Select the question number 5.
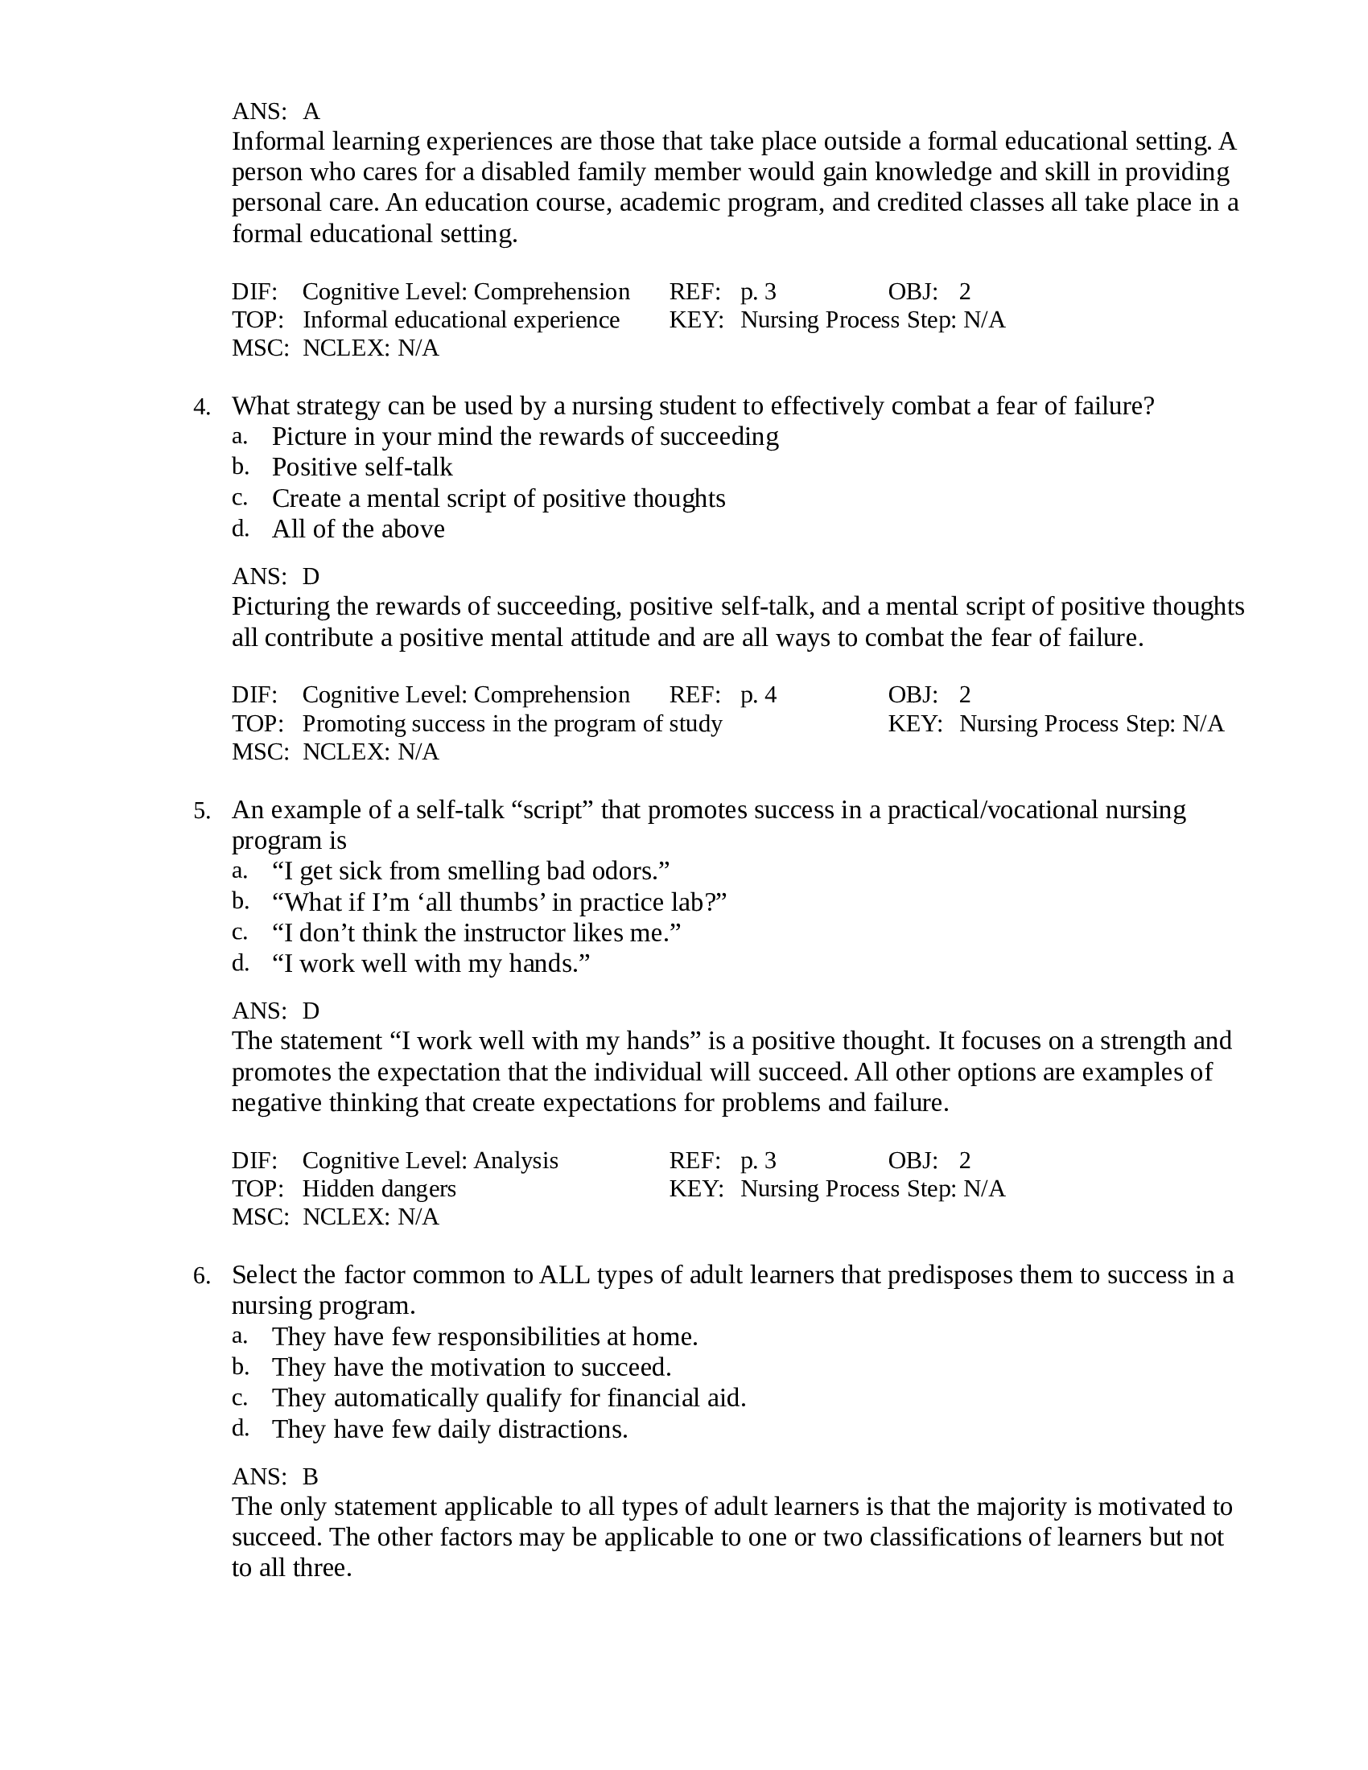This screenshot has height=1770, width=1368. point(201,811)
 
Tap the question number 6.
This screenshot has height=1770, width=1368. point(201,1277)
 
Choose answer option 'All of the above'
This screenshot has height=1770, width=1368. point(357,529)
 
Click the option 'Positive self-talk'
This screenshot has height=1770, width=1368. point(361,467)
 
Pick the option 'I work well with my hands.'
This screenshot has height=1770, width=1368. point(431,964)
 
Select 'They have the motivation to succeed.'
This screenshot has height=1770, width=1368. point(471,1367)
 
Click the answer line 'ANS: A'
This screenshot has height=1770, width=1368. point(275,111)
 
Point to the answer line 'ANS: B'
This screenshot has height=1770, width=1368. point(274,1476)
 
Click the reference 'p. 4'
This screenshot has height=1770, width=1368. point(758,694)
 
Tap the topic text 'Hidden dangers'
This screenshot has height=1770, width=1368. point(378,1188)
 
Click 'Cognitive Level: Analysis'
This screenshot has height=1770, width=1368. point(430,1159)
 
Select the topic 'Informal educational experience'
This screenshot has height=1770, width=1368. point(460,319)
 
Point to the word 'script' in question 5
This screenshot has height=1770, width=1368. point(554,809)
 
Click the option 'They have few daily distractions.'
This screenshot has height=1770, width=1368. point(450,1429)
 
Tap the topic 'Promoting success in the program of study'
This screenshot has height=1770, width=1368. point(511,723)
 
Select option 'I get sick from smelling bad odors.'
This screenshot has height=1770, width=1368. point(471,871)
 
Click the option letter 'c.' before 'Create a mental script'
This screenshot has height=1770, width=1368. point(239,497)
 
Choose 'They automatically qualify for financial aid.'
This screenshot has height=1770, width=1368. point(508,1398)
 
